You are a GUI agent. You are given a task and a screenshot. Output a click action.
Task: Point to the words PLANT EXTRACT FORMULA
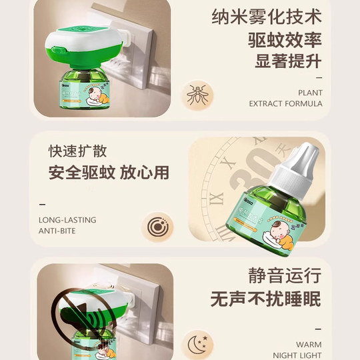(x=285, y=98)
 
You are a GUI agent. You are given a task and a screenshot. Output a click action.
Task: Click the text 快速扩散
(x=77, y=151)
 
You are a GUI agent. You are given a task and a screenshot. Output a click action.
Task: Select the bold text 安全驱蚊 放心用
(x=109, y=173)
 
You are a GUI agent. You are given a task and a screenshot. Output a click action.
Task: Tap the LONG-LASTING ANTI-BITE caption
(x=67, y=225)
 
